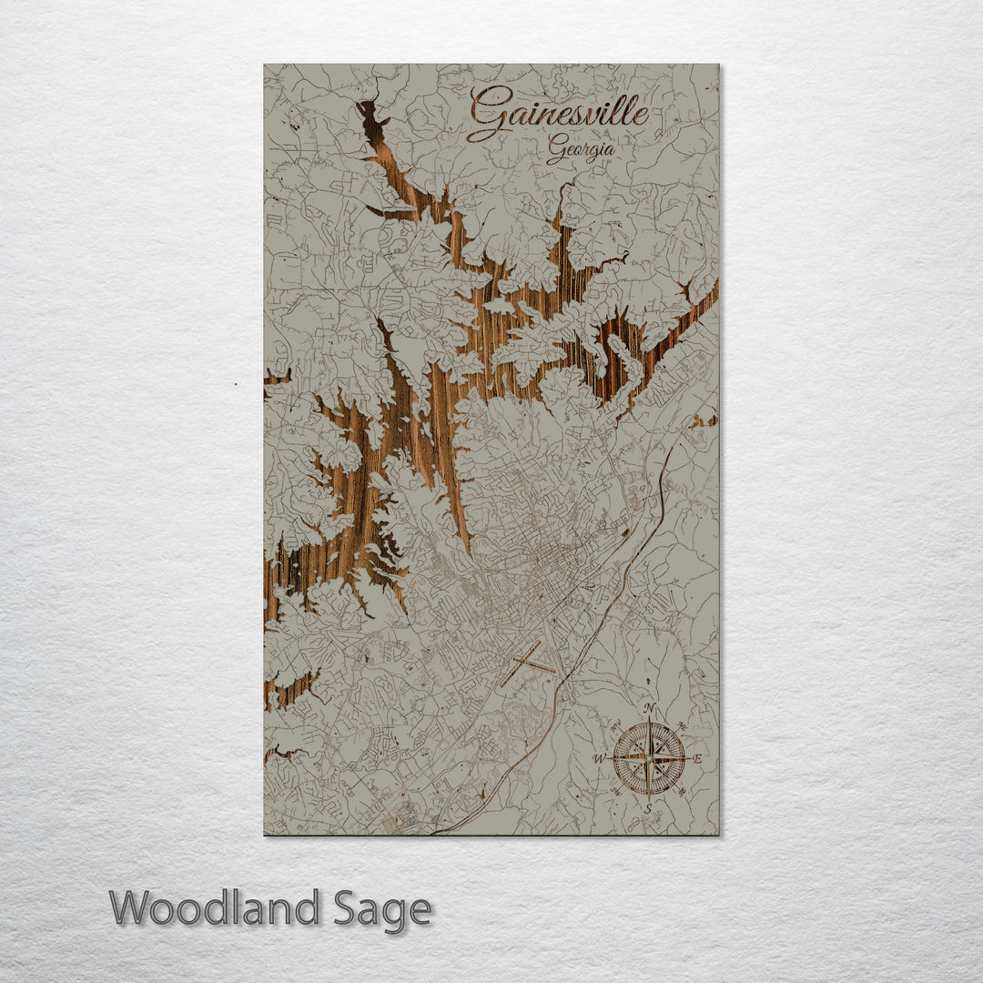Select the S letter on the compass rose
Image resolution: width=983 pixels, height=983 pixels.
click(x=648, y=807)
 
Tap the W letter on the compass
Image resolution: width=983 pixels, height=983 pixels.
click(x=599, y=757)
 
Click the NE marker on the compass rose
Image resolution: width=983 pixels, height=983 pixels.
click(x=682, y=725)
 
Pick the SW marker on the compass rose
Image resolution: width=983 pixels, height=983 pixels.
click(x=615, y=791)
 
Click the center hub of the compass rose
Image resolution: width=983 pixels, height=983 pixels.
click(x=649, y=757)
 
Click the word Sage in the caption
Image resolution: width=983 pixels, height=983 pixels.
click(x=381, y=909)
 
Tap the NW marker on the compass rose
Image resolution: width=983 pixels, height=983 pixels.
click(x=615, y=725)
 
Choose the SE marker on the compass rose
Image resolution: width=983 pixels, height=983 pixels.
click(x=682, y=791)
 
